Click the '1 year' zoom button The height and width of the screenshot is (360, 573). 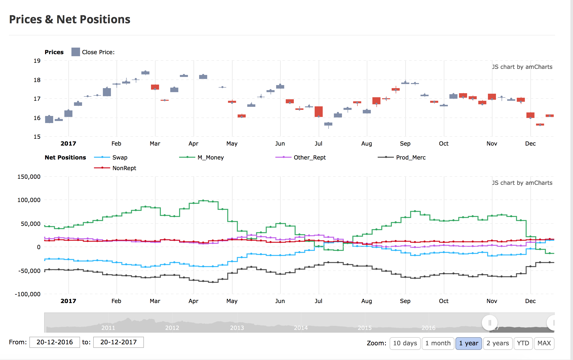pos(469,343)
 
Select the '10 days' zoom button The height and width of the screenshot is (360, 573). pos(405,343)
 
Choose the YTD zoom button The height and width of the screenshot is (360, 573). pos(523,343)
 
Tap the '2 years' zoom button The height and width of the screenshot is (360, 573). pos(498,343)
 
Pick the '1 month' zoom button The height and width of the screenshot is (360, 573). pos(438,343)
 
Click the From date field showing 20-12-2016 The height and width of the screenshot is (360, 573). pos(54,342)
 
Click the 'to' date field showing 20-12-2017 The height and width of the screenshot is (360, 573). pos(118,342)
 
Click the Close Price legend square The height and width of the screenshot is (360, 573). pos(75,52)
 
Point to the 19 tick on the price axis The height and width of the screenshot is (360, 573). pos(37,61)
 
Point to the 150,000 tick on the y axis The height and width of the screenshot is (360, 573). pos(29,177)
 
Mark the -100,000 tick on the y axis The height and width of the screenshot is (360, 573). pos(28,294)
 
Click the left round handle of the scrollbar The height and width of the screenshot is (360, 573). pos(489,323)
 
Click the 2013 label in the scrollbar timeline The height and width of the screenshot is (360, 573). pos(237,328)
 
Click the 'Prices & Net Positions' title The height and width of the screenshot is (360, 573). pos(70,19)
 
